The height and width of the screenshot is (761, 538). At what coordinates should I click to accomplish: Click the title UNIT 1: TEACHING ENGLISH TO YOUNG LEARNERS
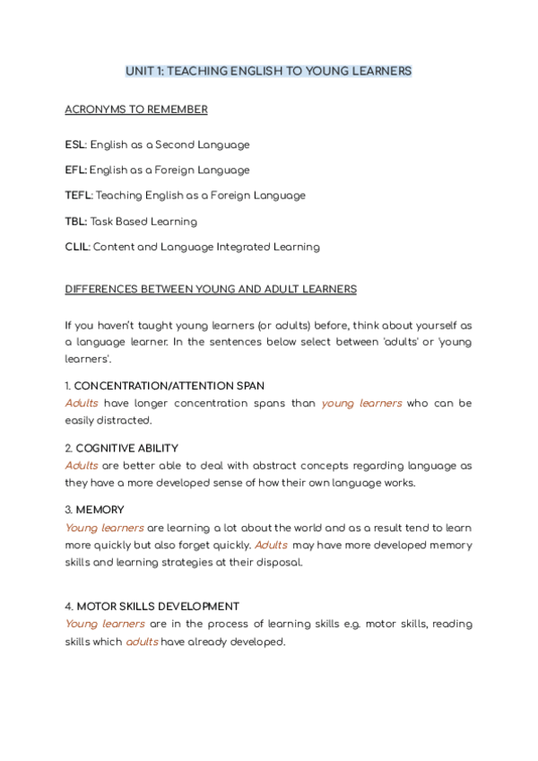269,71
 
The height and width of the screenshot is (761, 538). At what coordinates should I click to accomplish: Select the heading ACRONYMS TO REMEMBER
136,109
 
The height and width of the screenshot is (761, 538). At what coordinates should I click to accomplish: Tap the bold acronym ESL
74,144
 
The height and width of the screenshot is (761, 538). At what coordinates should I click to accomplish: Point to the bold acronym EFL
74,170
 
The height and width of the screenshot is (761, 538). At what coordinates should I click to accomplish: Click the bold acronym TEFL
77,196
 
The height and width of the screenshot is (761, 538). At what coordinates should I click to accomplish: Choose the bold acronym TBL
75,221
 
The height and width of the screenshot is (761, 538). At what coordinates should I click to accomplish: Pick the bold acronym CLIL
76,247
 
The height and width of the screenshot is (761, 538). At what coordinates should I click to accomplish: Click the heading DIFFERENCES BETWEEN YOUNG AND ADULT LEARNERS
211,289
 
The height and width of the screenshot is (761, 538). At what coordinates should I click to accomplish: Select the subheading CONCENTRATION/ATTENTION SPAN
169,387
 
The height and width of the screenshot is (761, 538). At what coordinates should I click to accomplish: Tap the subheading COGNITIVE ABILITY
126,448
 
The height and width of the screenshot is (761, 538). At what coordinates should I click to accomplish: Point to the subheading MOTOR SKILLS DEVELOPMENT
157,607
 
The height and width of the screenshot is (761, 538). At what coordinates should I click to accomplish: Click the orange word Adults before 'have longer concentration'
82,404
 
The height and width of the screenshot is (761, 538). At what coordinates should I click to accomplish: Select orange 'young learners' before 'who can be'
361,404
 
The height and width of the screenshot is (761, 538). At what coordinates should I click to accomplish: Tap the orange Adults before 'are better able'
82,466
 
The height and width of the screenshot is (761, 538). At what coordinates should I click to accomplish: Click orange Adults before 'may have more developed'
271,545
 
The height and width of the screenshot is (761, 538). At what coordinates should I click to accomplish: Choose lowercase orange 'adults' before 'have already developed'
142,642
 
